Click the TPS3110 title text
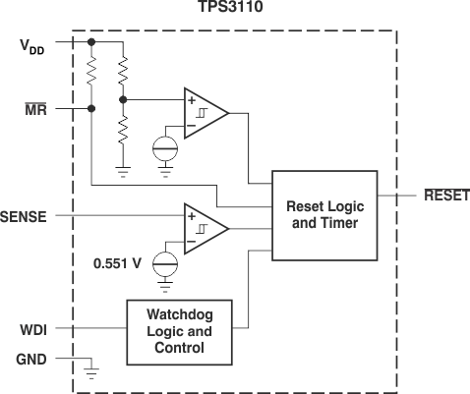coord(234,9)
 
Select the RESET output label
coord(445,197)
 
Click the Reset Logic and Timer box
coord(322,214)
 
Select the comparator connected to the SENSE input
coord(205,227)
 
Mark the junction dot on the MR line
coord(91,108)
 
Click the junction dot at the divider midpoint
coord(123,99)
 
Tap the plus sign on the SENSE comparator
coord(191,215)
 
